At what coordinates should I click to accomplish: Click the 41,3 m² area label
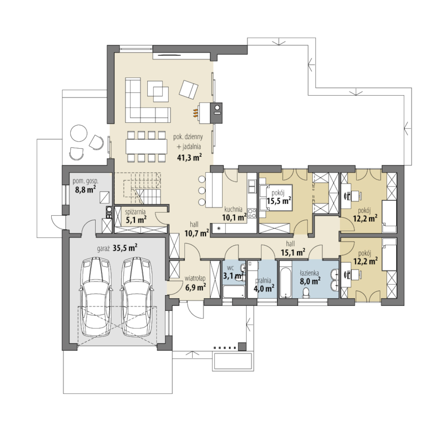click(189, 157)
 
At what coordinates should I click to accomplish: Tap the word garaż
click(104, 248)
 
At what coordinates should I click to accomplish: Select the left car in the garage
click(97, 297)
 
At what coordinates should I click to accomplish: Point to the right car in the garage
click(137, 297)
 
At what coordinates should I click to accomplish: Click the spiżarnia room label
click(135, 212)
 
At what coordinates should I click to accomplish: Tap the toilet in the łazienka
click(306, 293)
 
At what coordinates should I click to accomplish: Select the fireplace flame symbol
click(195, 113)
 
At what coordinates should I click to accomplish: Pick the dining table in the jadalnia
click(146, 146)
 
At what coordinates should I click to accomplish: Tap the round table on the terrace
click(79, 133)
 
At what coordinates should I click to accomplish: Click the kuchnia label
click(233, 209)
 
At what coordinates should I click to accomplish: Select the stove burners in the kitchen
click(252, 213)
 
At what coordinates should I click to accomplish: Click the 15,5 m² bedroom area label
click(279, 201)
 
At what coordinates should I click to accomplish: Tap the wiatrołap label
click(195, 279)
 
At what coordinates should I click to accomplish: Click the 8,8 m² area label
click(85, 190)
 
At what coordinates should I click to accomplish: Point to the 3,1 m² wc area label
click(233, 276)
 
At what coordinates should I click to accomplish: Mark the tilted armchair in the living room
click(188, 90)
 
